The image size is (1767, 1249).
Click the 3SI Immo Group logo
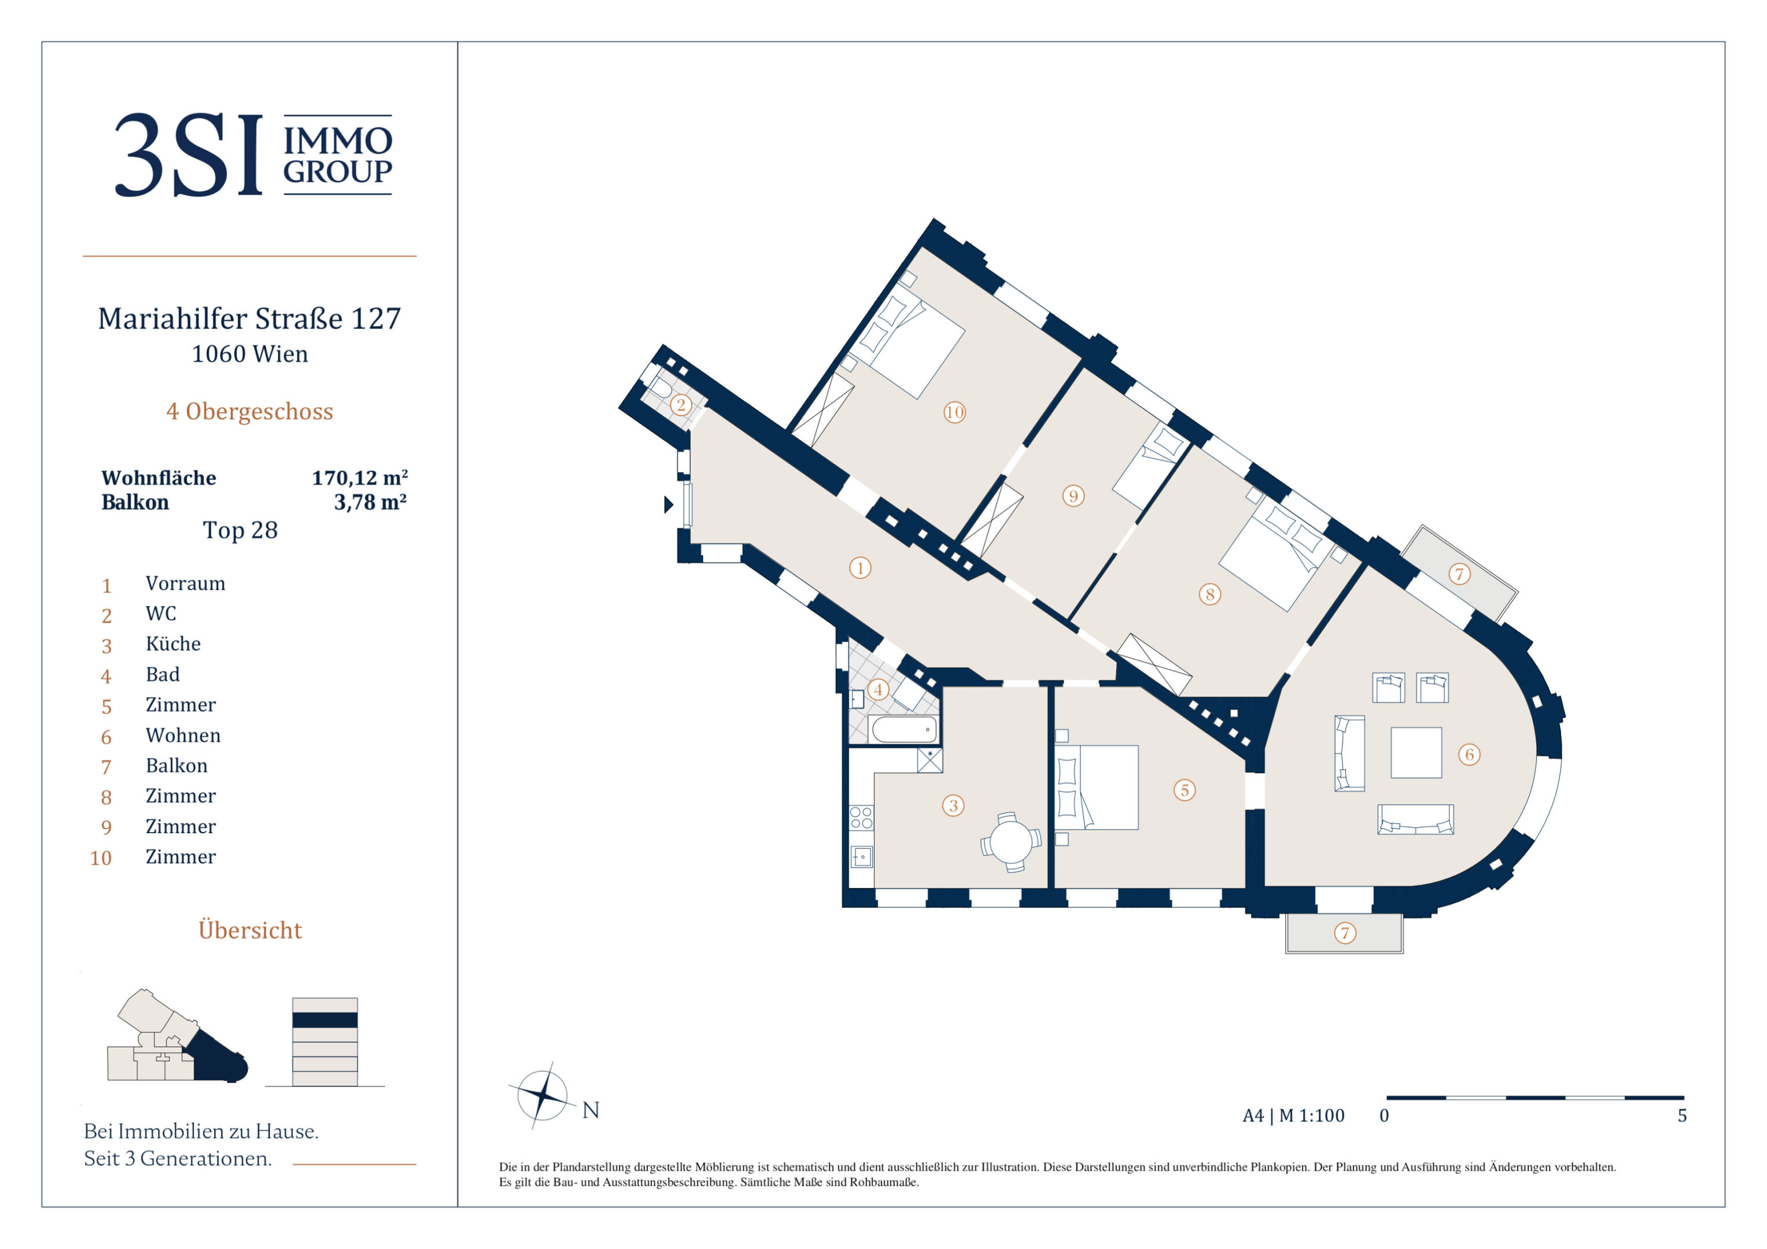click(253, 155)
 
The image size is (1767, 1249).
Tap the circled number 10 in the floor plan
click(954, 412)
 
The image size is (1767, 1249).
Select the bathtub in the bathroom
click(904, 729)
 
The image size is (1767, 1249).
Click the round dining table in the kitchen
click(1010, 842)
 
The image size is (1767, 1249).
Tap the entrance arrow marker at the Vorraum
click(669, 505)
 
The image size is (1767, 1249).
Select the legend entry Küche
click(173, 644)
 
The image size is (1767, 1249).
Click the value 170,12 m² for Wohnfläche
click(359, 478)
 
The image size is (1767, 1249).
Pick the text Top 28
click(240, 530)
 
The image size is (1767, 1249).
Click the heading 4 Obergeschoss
click(249, 412)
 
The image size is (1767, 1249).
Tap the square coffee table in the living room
click(1416, 753)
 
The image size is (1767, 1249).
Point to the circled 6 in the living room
click(1469, 754)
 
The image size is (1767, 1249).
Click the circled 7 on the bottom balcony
click(1345, 933)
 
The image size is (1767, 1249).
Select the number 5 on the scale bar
click(1683, 1116)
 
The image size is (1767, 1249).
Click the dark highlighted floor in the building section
click(325, 1019)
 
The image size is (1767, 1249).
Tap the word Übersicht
click(250, 930)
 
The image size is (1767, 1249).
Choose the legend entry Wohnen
click(183, 735)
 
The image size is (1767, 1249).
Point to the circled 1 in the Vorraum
click(859, 568)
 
